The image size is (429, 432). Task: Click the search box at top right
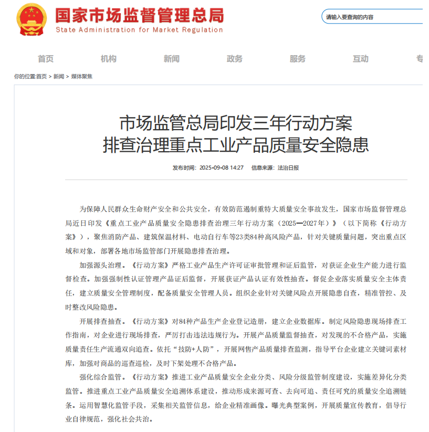pos(373,17)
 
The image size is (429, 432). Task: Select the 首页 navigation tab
pos(46,59)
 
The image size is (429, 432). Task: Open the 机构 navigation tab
pos(109,59)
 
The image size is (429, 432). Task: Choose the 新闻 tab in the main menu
pos(172,59)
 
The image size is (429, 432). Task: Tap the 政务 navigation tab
pos(235,59)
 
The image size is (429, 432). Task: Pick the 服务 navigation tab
pos(298,59)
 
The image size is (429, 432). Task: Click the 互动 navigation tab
pos(361,59)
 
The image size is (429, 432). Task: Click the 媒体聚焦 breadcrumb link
pos(81,77)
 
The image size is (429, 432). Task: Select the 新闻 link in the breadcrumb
pos(59,77)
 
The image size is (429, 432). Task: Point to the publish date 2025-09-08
pos(214,168)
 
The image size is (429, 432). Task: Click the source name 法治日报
pos(288,168)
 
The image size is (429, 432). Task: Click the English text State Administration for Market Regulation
pos(139,30)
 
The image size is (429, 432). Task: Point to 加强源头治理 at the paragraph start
pos(100,264)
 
